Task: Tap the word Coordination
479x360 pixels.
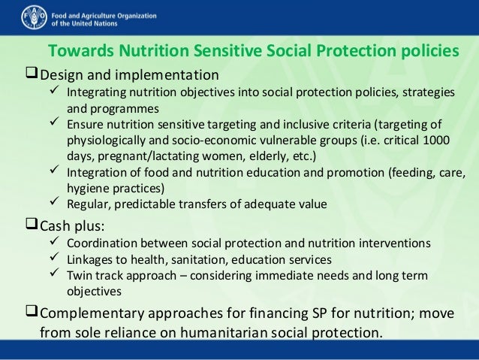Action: tap(102, 244)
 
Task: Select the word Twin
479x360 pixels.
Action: tap(80, 275)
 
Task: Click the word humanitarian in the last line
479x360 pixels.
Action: tap(250, 331)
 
